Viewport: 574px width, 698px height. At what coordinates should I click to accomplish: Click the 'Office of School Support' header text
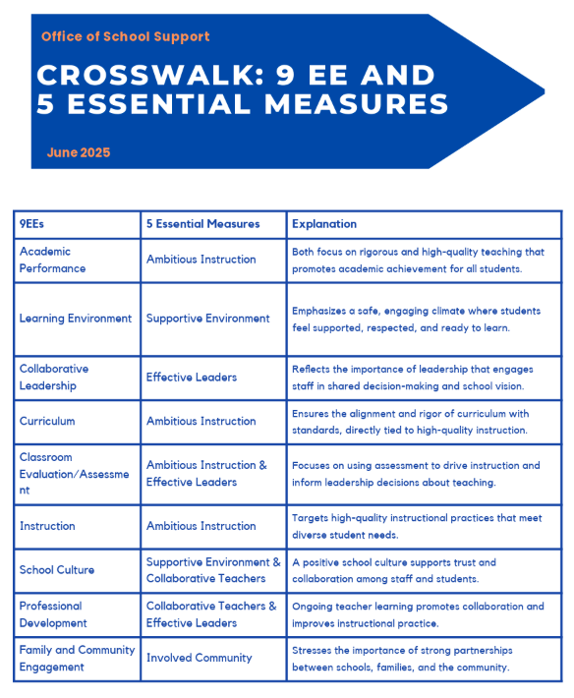(125, 36)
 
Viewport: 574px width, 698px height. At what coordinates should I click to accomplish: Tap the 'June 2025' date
(78, 152)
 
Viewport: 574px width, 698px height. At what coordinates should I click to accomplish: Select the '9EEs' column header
(31, 224)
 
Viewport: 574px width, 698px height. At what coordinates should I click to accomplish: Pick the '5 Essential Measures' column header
(202, 224)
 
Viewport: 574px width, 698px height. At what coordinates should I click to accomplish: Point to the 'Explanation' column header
(323, 224)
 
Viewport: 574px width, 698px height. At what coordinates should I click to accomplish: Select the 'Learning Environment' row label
(75, 319)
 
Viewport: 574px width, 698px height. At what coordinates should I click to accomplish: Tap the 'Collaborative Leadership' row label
(54, 378)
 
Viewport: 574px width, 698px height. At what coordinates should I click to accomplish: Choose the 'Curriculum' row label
(47, 421)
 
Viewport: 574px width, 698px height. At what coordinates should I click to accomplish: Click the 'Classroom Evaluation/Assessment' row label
(74, 473)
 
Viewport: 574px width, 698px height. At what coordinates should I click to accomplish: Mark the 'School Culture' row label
(57, 570)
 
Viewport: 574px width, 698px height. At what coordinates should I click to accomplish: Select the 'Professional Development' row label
(53, 614)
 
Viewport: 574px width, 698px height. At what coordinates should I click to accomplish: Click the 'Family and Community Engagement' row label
(77, 658)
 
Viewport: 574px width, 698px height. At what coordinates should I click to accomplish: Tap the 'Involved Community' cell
(199, 658)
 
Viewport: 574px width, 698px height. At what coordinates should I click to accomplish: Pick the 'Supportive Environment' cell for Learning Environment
(207, 319)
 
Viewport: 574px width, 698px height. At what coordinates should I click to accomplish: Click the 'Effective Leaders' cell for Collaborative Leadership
(192, 378)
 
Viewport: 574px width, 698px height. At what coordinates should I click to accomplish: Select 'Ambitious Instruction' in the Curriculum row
(201, 421)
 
